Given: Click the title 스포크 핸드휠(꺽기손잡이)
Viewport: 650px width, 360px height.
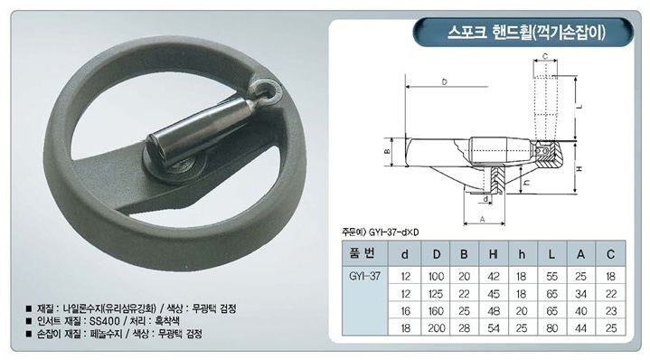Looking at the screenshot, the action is (x=526, y=33).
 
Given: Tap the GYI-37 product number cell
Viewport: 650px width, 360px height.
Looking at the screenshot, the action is (x=365, y=276).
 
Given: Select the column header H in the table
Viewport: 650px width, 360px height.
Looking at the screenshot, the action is (x=494, y=254).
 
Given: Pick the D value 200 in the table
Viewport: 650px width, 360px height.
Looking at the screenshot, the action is (x=436, y=328).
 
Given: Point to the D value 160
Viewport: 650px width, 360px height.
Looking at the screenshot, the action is (x=436, y=311).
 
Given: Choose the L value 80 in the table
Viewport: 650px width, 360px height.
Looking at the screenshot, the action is (x=551, y=328).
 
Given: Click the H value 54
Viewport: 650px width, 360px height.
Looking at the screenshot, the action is (x=494, y=328).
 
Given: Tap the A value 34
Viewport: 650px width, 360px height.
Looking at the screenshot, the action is (x=580, y=294).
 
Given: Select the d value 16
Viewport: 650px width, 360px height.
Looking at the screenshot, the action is (x=405, y=311).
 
